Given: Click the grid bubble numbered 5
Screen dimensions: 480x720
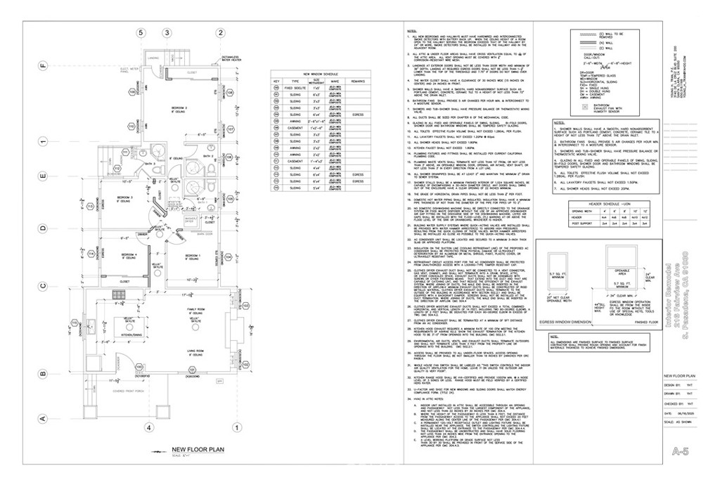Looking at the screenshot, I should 140,33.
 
